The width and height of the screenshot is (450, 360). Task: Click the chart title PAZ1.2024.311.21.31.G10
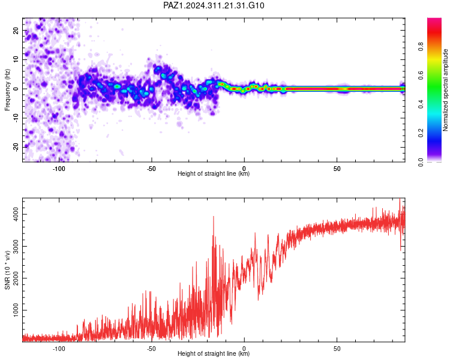click(214, 5)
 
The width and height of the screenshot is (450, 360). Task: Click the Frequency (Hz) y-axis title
click(7, 90)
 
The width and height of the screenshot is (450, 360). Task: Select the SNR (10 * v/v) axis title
click(7, 270)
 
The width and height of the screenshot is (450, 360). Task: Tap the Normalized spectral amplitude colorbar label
click(445, 90)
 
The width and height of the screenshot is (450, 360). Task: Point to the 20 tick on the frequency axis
click(16, 30)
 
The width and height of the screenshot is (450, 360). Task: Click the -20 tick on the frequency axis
click(16, 148)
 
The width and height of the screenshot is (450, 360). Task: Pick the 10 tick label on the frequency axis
click(16, 59)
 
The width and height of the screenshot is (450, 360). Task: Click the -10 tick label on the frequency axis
click(16, 118)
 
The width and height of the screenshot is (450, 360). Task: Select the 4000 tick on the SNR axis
click(16, 214)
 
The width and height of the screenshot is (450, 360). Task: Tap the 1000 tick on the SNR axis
click(16, 310)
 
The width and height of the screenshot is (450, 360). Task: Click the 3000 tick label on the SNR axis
click(16, 247)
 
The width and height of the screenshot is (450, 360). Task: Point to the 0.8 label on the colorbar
click(421, 46)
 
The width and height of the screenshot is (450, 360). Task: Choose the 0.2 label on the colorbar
click(421, 133)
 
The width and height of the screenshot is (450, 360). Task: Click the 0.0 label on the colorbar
click(421, 162)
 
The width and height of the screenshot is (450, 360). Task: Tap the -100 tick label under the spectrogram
click(59, 169)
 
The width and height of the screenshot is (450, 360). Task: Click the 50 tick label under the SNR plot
click(337, 349)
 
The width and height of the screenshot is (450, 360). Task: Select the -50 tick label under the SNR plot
click(151, 349)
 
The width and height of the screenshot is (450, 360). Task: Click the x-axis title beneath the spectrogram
click(214, 173)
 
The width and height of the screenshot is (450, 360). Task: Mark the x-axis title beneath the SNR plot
click(214, 353)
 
